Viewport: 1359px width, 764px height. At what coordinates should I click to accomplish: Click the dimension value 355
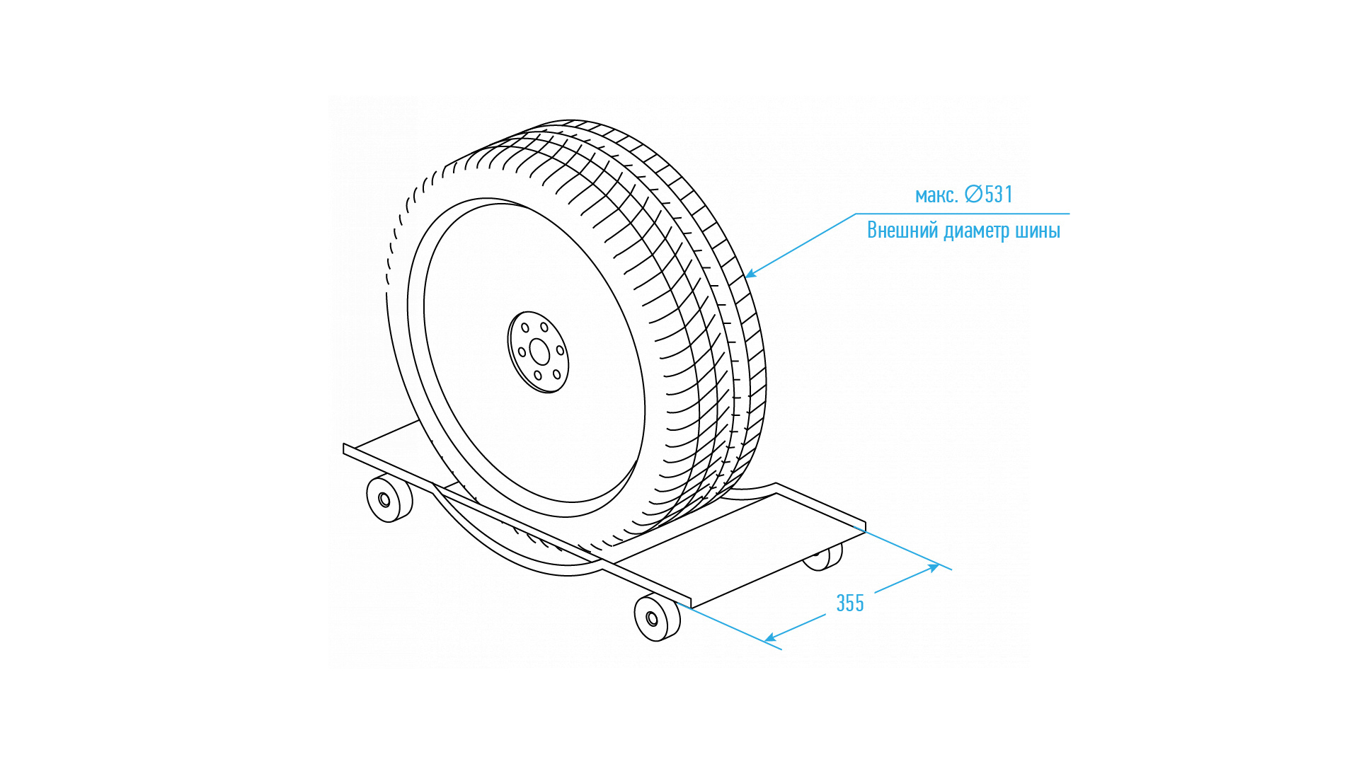(849, 603)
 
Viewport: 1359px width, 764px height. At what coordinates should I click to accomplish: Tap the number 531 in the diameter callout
(999, 194)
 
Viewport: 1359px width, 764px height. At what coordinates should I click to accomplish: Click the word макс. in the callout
(936, 195)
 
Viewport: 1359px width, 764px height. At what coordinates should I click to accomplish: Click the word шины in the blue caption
(1037, 231)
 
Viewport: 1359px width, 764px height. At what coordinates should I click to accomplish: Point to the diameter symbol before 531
(973, 194)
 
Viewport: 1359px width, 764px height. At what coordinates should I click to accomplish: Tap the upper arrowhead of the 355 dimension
(934, 567)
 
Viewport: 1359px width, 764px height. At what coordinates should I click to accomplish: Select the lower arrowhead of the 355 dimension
(770, 639)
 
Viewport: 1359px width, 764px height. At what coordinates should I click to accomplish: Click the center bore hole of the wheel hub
(539, 352)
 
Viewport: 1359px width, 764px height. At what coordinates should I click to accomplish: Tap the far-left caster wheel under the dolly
(389, 499)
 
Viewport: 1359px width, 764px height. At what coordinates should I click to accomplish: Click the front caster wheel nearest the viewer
(656, 618)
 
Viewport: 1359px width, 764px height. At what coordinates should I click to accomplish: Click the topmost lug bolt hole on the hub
(544, 328)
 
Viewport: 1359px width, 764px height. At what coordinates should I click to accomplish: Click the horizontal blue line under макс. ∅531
(963, 214)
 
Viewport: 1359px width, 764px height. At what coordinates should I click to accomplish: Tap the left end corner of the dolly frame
(345, 448)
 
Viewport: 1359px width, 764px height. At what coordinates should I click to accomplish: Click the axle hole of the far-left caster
(384, 500)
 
